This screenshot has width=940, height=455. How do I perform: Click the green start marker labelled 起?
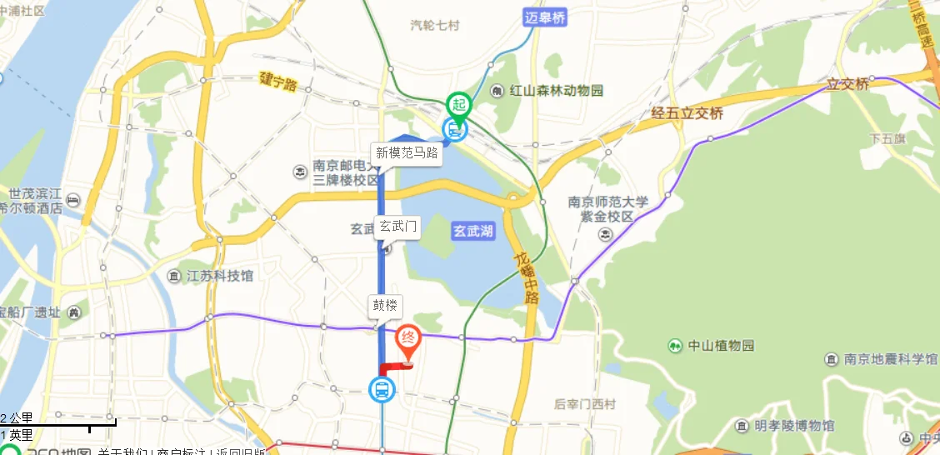click(458, 105)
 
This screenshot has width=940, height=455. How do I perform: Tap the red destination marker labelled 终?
click(408, 338)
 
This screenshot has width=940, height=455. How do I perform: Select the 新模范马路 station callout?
click(407, 152)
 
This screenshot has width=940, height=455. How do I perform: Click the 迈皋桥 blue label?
click(546, 17)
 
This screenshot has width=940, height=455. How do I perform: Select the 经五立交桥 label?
click(687, 114)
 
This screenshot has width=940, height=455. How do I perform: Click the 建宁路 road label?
click(278, 82)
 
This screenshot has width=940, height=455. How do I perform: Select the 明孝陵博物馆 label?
click(794, 426)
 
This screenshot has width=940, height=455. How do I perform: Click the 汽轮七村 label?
click(435, 26)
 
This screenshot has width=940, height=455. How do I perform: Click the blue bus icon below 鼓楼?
click(382, 388)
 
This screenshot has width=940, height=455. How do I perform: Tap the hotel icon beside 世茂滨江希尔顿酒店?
click(72, 200)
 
